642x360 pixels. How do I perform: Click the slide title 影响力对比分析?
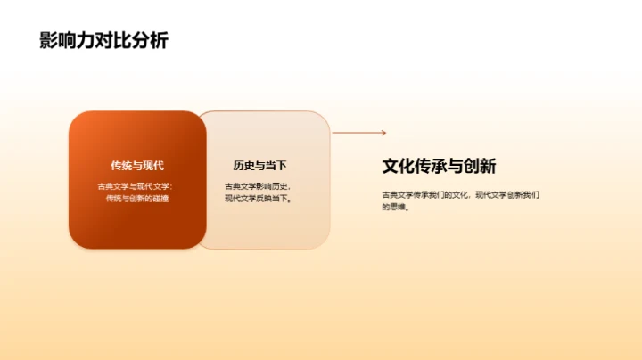(x=103, y=41)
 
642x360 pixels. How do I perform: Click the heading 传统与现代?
(x=137, y=165)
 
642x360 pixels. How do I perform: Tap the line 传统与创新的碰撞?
(x=137, y=198)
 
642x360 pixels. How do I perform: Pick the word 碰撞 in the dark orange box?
(x=160, y=198)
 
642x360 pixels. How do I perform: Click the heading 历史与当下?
(x=259, y=165)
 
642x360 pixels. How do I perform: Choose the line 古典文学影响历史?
(x=258, y=185)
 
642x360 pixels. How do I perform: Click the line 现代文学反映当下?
(x=258, y=198)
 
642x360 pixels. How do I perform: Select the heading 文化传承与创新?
(x=439, y=166)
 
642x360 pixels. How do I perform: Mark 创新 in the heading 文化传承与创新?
(x=481, y=166)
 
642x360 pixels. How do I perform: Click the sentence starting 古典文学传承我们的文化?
(x=460, y=194)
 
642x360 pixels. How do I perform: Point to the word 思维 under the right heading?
(x=397, y=206)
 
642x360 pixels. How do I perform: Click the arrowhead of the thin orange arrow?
(x=383, y=133)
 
